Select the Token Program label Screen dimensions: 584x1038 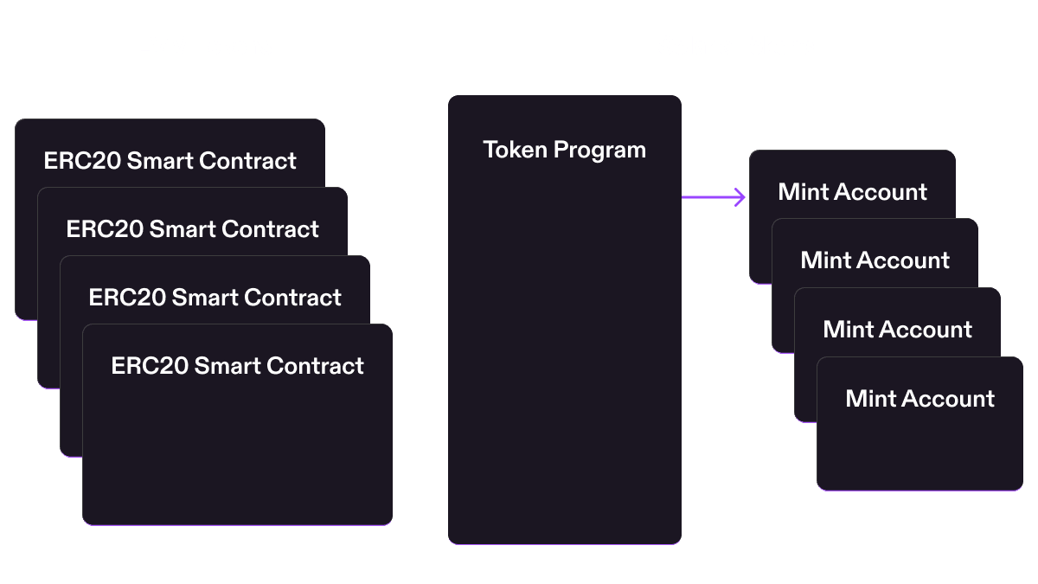[564, 150]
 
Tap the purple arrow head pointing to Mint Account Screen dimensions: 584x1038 [740, 198]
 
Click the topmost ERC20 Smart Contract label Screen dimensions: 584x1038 [170, 161]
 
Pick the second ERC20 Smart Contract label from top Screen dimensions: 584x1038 [193, 229]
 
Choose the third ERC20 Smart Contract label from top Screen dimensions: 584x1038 [215, 298]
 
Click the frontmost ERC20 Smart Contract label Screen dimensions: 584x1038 [238, 366]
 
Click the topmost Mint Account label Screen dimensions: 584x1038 [853, 192]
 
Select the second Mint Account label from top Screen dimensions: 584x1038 [875, 260]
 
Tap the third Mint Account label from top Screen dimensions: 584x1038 [898, 330]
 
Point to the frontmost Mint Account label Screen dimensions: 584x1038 [920, 399]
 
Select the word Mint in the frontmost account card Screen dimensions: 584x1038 [869, 399]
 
